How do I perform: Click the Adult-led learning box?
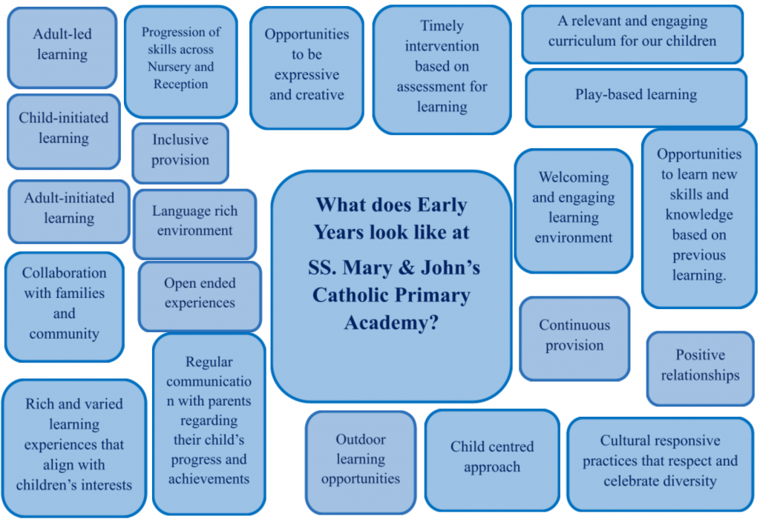62,47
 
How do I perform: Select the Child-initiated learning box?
64,132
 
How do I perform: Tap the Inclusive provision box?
180,153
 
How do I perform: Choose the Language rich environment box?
195,224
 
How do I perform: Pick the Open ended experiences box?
200,297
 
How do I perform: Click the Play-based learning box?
636,98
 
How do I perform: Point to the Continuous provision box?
574,338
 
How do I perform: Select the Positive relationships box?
701,368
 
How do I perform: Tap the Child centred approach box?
492,460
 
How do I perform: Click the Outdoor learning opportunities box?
361,463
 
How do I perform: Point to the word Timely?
442,26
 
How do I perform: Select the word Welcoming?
574,178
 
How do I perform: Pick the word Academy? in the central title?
391,323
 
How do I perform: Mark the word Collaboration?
64,273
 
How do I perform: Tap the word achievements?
209,479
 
